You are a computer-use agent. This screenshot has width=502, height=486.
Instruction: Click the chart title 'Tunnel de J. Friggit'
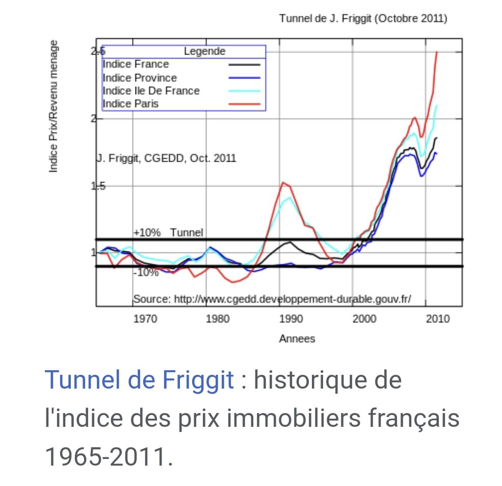[x=363, y=19]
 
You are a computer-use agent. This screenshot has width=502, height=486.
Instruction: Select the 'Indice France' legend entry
[x=136, y=64]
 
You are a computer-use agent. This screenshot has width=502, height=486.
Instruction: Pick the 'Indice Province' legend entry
[x=140, y=78]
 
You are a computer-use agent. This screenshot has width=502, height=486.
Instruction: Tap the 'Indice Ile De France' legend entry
[x=151, y=91]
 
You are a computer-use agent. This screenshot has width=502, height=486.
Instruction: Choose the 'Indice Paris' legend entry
[x=130, y=104]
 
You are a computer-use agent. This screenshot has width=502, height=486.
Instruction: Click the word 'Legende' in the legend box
[x=204, y=52]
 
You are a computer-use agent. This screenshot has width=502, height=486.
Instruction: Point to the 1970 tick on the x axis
[x=145, y=319]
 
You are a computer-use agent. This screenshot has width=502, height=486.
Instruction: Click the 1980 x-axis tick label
[x=218, y=319]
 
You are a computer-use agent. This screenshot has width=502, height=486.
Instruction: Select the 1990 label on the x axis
[x=291, y=319]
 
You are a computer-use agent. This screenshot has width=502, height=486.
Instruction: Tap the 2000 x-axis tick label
[x=364, y=319]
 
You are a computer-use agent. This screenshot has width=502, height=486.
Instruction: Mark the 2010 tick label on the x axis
[x=438, y=319]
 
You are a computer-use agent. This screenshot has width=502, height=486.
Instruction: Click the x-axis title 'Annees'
[x=297, y=339]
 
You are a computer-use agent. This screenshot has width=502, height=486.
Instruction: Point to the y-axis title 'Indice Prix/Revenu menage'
[x=53, y=106]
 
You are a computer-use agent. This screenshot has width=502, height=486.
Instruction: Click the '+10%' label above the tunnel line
[x=147, y=233]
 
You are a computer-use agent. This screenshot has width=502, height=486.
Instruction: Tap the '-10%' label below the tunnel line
[x=146, y=273]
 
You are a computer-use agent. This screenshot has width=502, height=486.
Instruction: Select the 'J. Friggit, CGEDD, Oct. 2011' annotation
[x=167, y=158]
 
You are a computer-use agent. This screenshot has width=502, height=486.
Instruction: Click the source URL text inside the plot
[x=272, y=299]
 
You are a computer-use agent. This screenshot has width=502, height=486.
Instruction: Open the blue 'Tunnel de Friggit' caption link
[x=139, y=380]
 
